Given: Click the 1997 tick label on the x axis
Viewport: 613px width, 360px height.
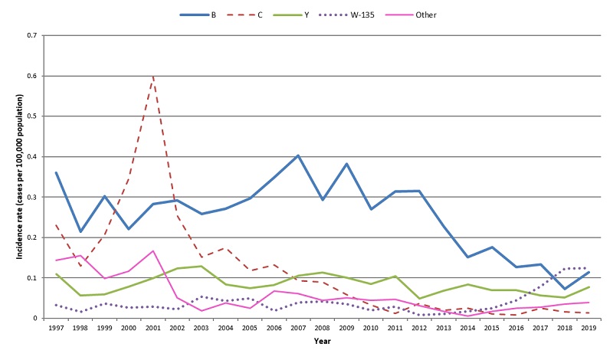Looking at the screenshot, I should (57, 328).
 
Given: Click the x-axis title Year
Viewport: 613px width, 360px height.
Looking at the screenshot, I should (322, 342).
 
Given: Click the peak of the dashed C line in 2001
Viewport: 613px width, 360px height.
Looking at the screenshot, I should (154, 77).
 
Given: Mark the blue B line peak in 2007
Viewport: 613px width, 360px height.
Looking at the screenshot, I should (298, 155).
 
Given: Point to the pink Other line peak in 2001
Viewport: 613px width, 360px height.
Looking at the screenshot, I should (154, 250).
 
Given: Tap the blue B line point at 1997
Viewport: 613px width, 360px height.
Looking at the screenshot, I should (57, 172).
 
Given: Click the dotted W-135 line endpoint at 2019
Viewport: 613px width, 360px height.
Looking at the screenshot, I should (587, 268).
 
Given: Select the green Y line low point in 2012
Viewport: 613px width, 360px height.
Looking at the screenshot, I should (419, 298).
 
